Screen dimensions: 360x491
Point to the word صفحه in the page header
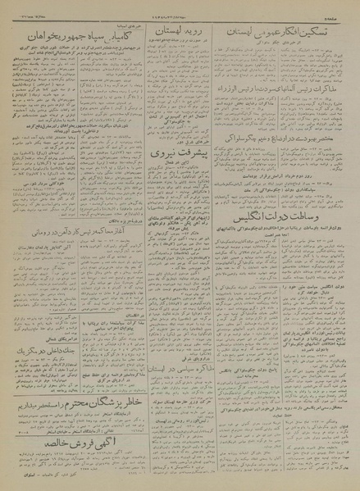[x=340, y=10]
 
